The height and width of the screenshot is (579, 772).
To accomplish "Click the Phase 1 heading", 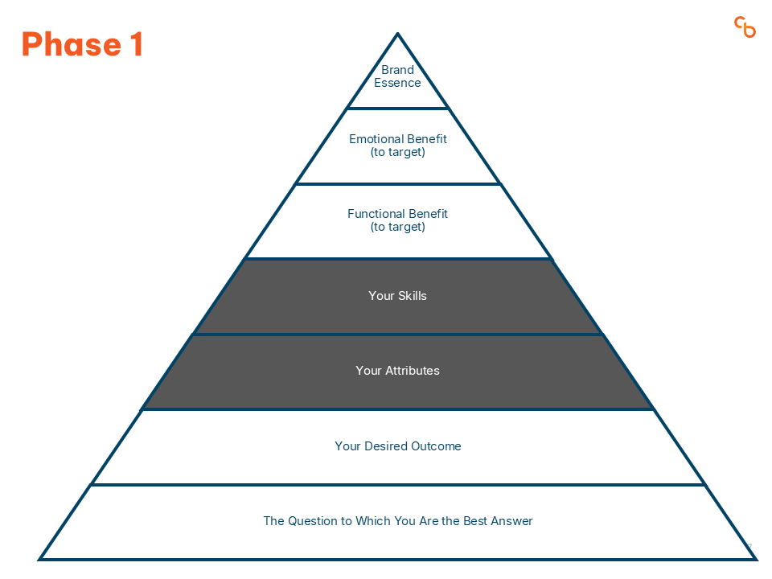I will [x=82, y=44].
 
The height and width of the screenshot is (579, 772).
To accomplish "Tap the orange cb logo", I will [x=745, y=27].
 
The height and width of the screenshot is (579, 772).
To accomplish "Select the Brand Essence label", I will [x=397, y=76].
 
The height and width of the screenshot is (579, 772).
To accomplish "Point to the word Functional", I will [x=376, y=214].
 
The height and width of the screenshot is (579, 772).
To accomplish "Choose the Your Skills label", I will [x=397, y=296].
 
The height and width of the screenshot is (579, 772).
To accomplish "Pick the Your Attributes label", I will [x=397, y=371].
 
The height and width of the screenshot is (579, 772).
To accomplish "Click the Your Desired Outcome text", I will [x=397, y=446].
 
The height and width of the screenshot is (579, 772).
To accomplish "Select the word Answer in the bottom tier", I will [x=511, y=521].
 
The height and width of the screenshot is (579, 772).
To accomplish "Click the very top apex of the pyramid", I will [x=397, y=35].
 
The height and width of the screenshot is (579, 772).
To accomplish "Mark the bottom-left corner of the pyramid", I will [x=40, y=558].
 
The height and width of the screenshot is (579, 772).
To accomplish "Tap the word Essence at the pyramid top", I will [x=397, y=83].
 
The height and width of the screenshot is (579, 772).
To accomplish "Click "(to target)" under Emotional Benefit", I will [x=397, y=152].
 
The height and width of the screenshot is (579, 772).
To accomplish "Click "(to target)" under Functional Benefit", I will [x=397, y=227].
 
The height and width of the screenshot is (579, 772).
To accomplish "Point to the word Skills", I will [x=412, y=296].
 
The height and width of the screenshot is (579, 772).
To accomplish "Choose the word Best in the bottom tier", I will [x=473, y=521].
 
